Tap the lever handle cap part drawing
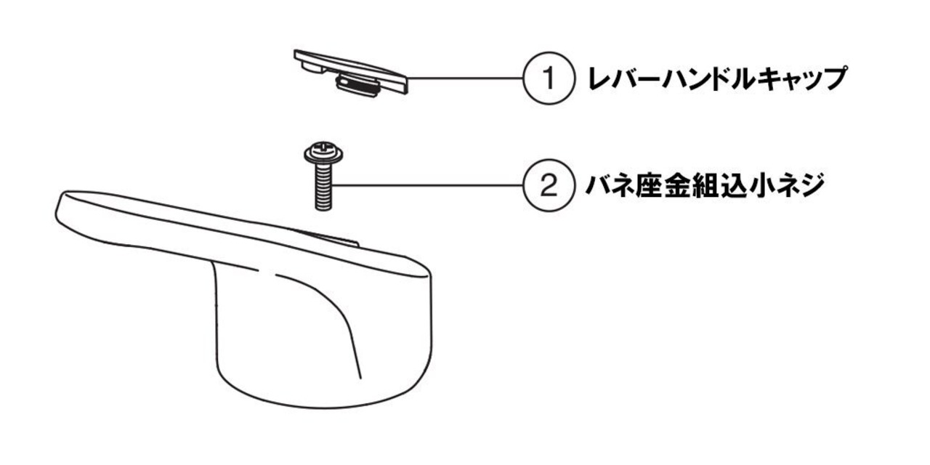352,73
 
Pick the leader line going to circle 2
429,185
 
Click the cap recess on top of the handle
327,238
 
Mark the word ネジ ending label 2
803,186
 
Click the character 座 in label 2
650,186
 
